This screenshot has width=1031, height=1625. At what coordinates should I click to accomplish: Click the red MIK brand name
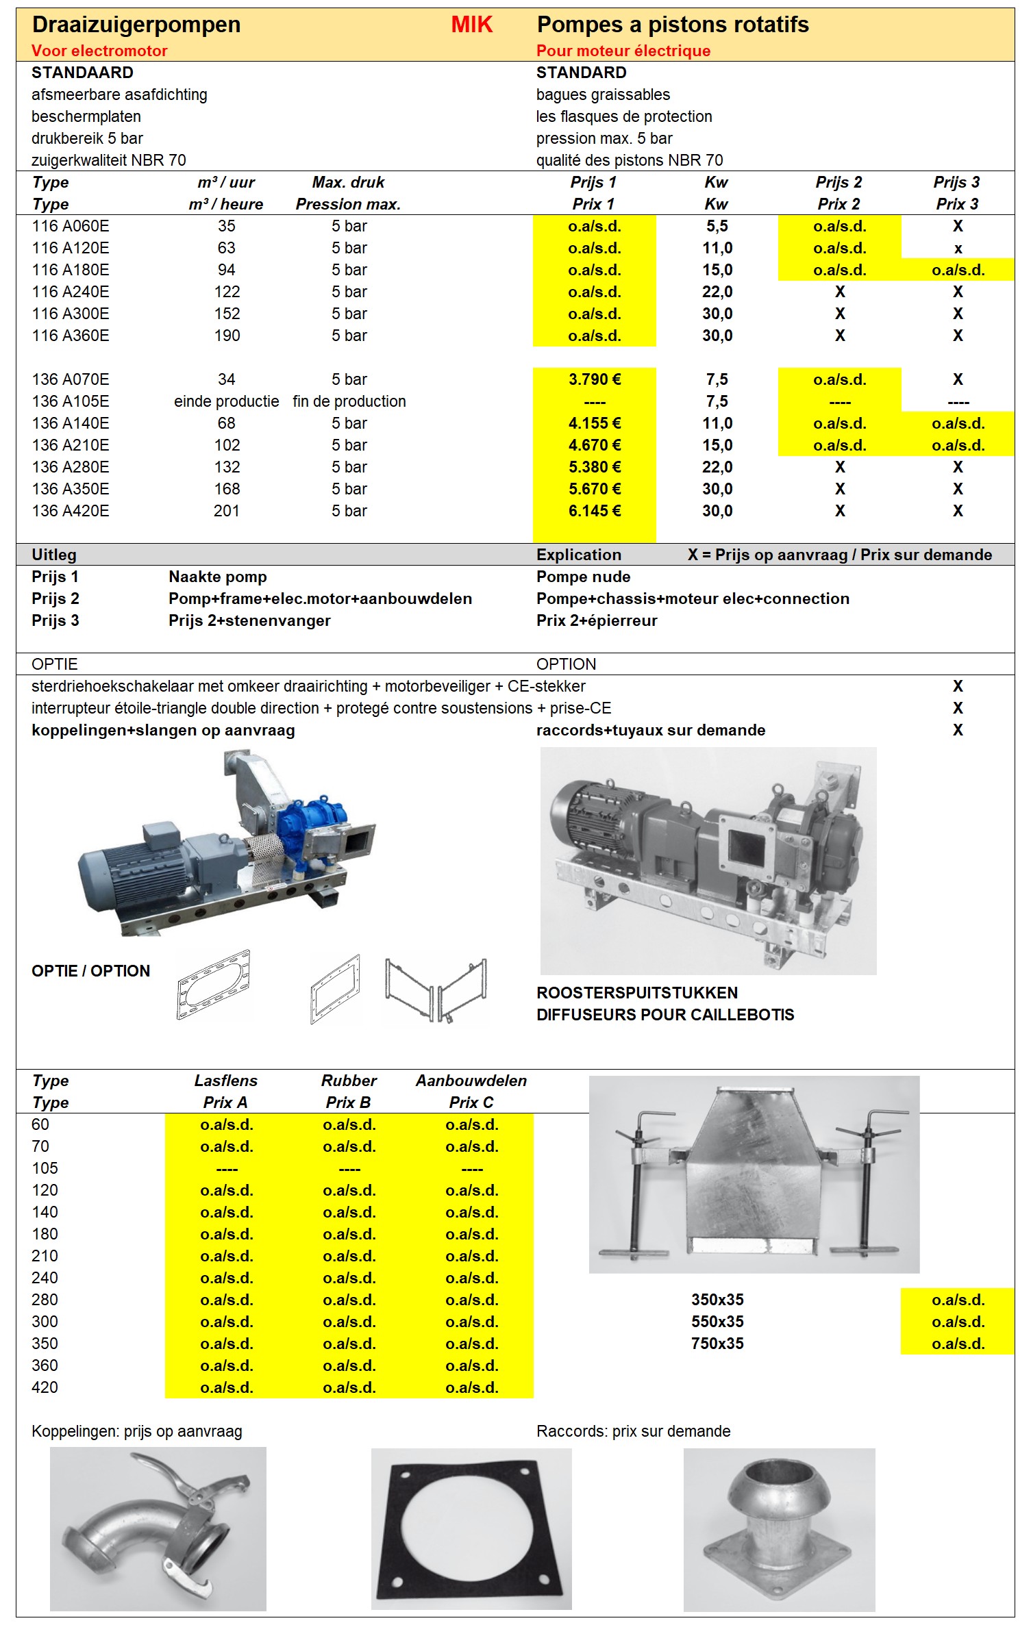pos(471,25)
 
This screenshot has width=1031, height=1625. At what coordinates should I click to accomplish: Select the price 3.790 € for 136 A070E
pos(594,379)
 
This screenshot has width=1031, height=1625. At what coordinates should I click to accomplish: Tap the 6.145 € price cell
pos(594,511)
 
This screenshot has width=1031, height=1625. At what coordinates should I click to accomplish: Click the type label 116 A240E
pos(71,292)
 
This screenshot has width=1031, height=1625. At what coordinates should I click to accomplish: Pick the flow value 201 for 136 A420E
pos(226,511)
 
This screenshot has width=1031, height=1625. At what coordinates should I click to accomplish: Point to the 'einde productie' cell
pos(226,401)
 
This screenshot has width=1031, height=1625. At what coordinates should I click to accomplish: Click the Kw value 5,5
pos(717,226)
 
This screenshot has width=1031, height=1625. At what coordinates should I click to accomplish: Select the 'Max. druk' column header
pos(348,182)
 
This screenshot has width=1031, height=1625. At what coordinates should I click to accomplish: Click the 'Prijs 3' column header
pos(956,182)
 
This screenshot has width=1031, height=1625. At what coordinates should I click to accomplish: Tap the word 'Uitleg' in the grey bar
pos(54,555)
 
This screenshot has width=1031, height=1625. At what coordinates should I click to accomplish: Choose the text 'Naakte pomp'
pos(218,577)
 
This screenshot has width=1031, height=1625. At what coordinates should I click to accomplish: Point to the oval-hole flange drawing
pos(214,986)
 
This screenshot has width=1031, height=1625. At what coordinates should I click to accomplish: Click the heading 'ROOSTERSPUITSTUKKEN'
pos(637,993)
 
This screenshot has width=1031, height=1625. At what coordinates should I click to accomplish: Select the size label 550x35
pos(717,1322)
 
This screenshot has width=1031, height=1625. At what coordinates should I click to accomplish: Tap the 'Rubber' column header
pos(349,1081)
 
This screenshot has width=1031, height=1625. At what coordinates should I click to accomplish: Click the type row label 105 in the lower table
pos(45,1168)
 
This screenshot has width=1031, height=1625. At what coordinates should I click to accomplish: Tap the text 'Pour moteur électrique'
pos(623,51)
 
